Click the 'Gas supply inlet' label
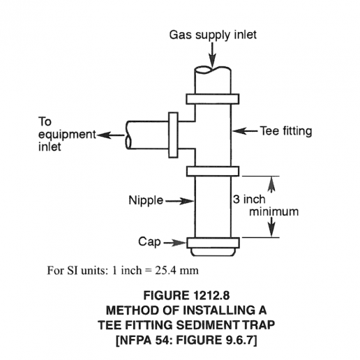[213, 35]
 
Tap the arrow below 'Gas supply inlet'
[212, 54]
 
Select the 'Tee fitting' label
[286, 131]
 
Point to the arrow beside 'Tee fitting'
[245, 131]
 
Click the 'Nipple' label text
[146, 200]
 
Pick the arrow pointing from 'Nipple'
[179, 201]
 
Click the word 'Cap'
[149, 242]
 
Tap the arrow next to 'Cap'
[175, 243]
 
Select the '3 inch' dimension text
[249, 200]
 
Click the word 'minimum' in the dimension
[273, 211]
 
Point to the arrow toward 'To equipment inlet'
[111, 135]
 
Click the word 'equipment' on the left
[67, 135]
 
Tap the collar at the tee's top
[213, 99]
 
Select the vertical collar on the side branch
[173, 135]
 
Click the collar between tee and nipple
[213, 172]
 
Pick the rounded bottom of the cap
[213, 252]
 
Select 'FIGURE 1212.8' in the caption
[186, 295]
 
